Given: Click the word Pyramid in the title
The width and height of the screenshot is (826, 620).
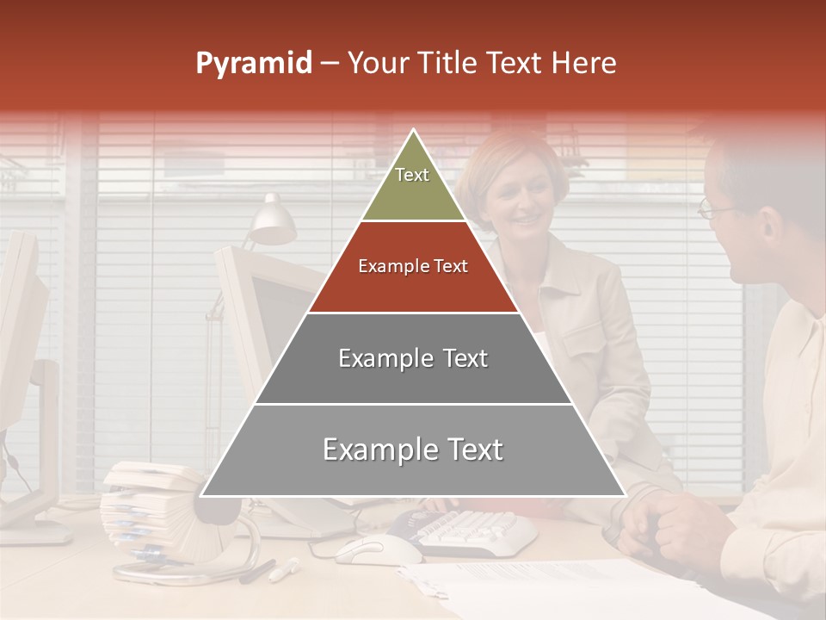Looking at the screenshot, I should point(253,64).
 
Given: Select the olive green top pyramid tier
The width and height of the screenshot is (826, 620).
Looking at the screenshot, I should point(413,185).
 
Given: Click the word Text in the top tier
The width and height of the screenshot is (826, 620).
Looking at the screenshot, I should point(412,175).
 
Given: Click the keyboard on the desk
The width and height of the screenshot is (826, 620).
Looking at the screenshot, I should point(473,530).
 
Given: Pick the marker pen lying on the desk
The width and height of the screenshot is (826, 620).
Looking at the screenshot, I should point(284,569).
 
